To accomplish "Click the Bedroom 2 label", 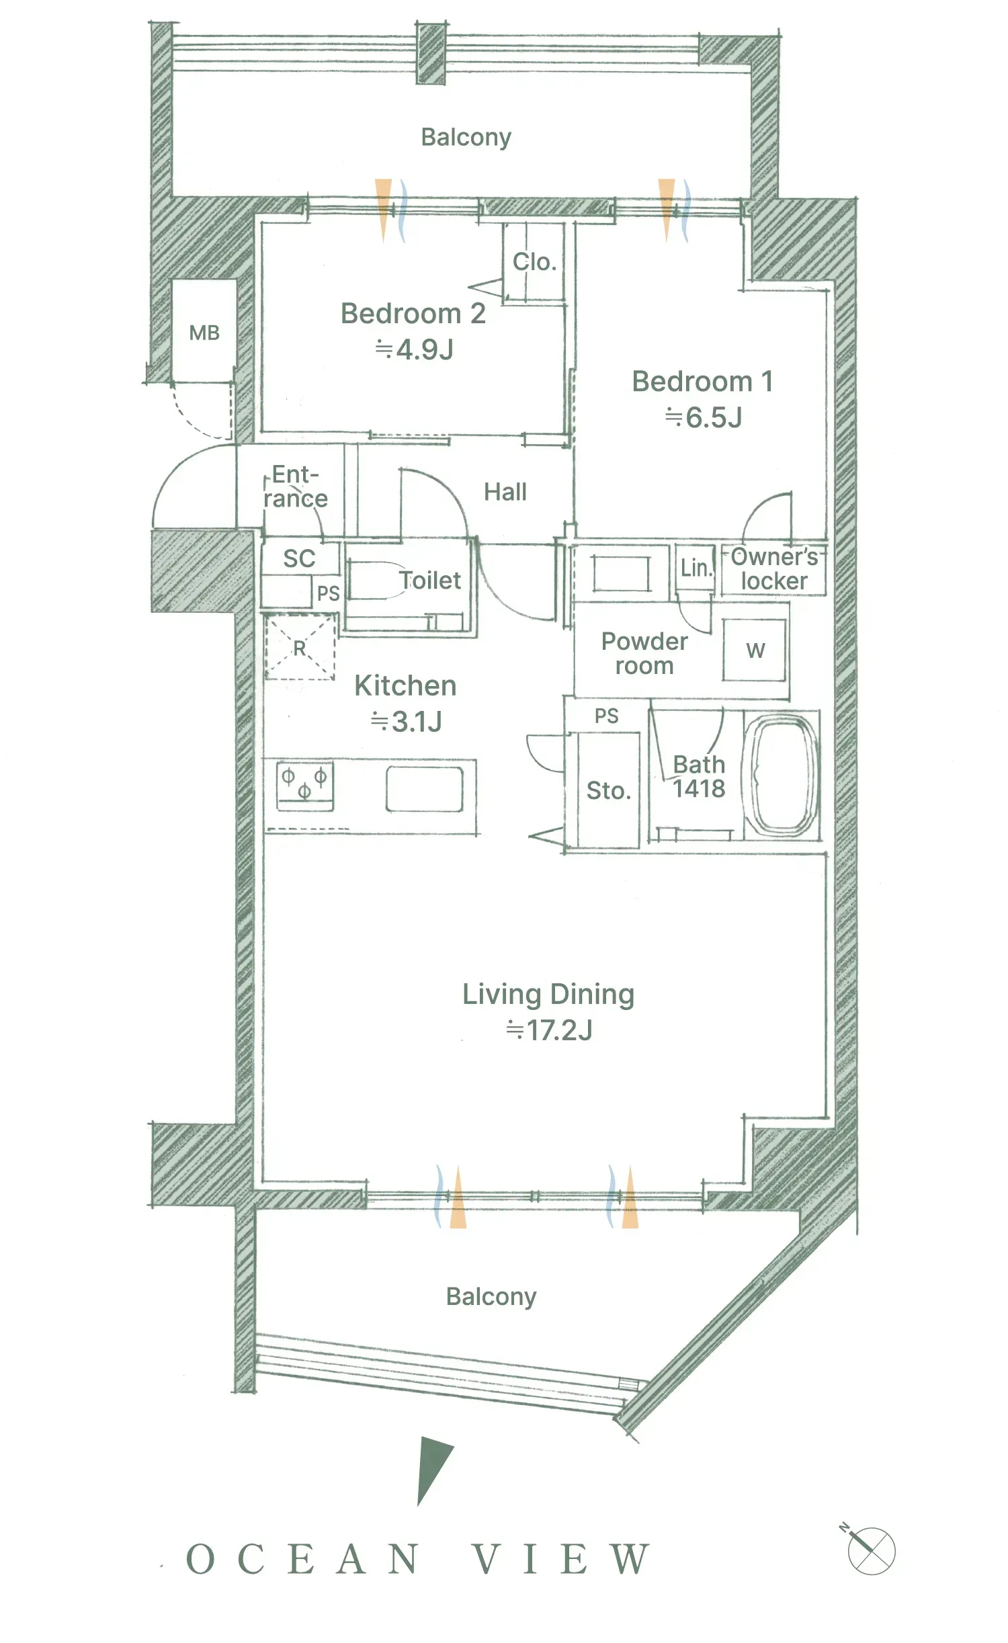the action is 413,314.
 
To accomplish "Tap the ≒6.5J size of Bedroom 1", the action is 704,417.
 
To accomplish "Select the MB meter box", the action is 204,333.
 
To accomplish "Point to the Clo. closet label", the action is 534,261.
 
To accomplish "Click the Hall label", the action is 505,492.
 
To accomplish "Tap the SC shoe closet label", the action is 299,558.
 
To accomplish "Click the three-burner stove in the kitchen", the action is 305,786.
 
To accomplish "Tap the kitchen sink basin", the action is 425,790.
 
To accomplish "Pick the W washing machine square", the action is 755,650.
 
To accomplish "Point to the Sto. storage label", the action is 609,791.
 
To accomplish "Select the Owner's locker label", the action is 774,568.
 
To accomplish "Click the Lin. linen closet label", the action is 696,568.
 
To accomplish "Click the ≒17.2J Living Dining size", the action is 549,1030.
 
